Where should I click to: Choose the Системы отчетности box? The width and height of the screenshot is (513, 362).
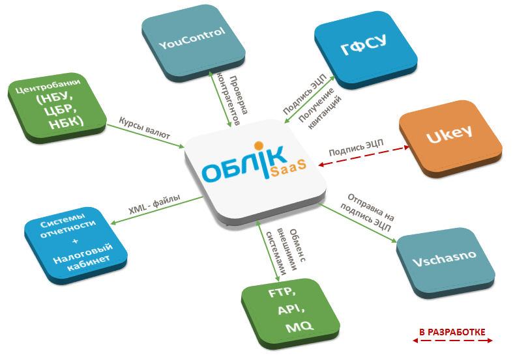pos(76,245)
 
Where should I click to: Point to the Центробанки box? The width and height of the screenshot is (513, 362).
pos(57,108)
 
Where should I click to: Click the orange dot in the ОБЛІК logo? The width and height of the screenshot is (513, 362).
pos(259,145)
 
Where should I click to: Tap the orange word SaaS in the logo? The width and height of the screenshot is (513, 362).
pos(288,167)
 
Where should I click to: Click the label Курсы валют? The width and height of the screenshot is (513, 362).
pos(144,128)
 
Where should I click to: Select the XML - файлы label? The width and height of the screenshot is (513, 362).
pos(154,204)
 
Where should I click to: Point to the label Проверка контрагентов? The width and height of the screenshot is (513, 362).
pos(233,100)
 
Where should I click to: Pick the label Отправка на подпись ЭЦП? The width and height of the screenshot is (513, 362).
pos(367,212)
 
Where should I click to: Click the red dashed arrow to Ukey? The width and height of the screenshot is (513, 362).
pos(364,156)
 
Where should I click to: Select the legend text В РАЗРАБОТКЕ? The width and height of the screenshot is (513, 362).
pos(452,332)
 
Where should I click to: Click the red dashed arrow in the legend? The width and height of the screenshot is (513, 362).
pos(452,341)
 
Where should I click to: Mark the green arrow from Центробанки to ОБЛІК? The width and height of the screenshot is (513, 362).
pos(145,136)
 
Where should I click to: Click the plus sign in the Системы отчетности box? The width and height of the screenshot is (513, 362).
pos(76,241)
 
